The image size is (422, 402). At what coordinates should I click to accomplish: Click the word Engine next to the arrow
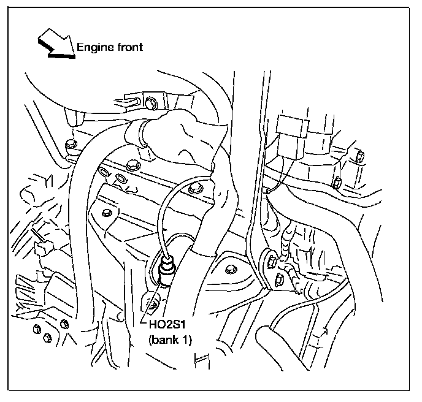click(93, 47)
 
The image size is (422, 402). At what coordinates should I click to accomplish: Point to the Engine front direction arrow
click(55, 46)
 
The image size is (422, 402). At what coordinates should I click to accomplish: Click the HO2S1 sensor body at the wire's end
click(166, 270)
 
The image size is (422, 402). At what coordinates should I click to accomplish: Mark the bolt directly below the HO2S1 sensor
click(153, 301)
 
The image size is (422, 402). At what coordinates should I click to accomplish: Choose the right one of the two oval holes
click(120, 179)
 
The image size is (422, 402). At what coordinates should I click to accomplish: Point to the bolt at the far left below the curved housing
click(70, 145)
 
